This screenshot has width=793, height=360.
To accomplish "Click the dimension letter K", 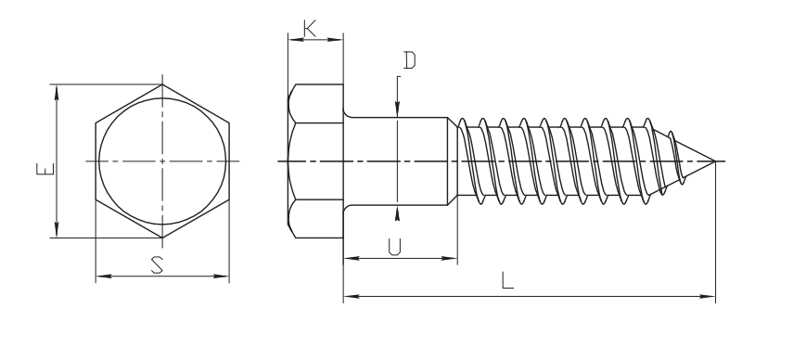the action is click(310, 29).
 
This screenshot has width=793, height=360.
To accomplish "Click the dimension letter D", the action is click(409, 60).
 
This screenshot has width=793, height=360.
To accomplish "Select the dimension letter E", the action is click(45, 169).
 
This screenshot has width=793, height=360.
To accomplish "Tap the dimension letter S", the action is click(158, 265).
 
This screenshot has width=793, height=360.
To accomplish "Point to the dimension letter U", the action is click(394, 247).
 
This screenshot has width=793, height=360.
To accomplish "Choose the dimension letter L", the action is click(507, 280).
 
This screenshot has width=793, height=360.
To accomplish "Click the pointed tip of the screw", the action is click(714, 161).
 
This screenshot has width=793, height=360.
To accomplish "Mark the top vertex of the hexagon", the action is click(162, 84).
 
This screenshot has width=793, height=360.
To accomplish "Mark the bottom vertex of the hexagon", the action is click(162, 238).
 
